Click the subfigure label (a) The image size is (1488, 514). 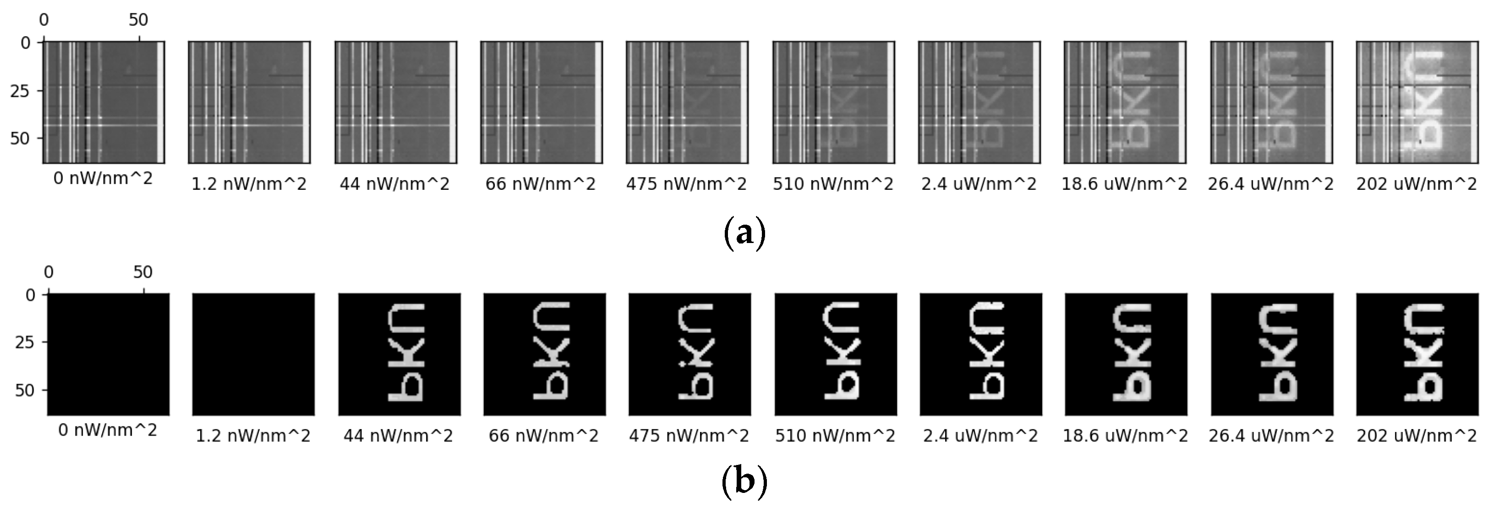(744, 232)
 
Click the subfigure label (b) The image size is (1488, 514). (744, 481)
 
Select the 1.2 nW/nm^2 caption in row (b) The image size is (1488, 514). (253, 436)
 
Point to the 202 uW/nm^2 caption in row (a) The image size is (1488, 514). (1417, 184)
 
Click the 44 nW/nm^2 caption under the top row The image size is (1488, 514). (394, 184)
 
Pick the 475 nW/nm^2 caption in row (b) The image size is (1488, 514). (689, 436)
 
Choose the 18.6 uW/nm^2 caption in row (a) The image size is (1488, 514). (1124, 184)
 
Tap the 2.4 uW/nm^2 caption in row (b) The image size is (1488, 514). (980, 436)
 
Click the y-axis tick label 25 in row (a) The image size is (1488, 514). (20, 91)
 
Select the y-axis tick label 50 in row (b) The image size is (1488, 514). (24, 390)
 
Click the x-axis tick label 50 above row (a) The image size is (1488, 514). (139, 20)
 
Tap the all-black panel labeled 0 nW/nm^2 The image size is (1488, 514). (109, 354)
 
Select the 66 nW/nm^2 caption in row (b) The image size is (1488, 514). (543, 436)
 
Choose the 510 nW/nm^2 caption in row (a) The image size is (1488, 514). (833, 184)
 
